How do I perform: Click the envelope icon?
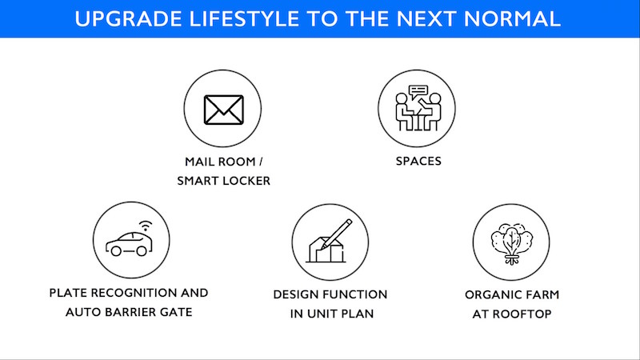click(x=224, y=110)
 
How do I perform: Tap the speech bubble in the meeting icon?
click(x=418, y=91)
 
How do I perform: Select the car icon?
click(x=129, y=244)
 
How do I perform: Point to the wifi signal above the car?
click(x=146, y=226)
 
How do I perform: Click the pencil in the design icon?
click(x=336, y=234)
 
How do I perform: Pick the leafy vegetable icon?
click(x=511, y=244)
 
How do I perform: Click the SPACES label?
click(x=418, y=161)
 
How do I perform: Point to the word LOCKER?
click(x=246, y=181)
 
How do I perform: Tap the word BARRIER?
click(x=130, y=312)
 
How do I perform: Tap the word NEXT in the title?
click(x=426, y=19)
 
